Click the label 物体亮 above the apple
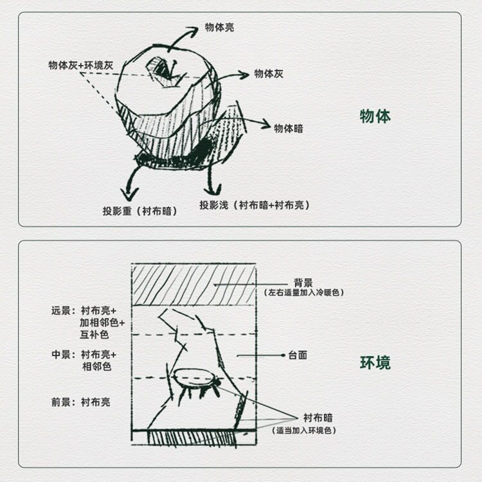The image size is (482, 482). pyautogui.click(x=220, y=28)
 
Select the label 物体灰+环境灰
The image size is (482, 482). pyautogui.click(x=81, y=65)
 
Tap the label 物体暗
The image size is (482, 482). pyautogui.click(x=289, y=128)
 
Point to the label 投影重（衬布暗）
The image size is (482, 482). pyautogui.click(x=140, y=211)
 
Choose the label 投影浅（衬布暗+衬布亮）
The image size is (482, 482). pyautogui.click(x=254, y=205)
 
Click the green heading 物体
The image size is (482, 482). pyautogui.click(x=375, y=116)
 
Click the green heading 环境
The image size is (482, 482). pyautogui.click(x=375, y=362)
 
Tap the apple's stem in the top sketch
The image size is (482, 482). pyautogui.click(x=174, y=68)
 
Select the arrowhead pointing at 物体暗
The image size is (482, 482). pyautogui.click(x=264, y=124)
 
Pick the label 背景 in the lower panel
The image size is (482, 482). pyautogui.click(x=303, y=283)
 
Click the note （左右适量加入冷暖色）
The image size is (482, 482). pyautogui.click(x=303, y=292)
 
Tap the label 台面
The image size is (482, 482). pyautogui.click(x=298, y=355)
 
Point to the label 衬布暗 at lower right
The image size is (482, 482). pyautogui.click(x=318, y=418)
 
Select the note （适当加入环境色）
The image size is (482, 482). pyautogui.click(x=304, y=431)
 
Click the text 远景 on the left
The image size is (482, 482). pyautogui.click(x=61, y=310)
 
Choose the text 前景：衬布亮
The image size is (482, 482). pyautogui.click(x=81, y=402)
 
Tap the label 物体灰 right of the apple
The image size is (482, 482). pyautogui.click(x=269, y=74)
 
